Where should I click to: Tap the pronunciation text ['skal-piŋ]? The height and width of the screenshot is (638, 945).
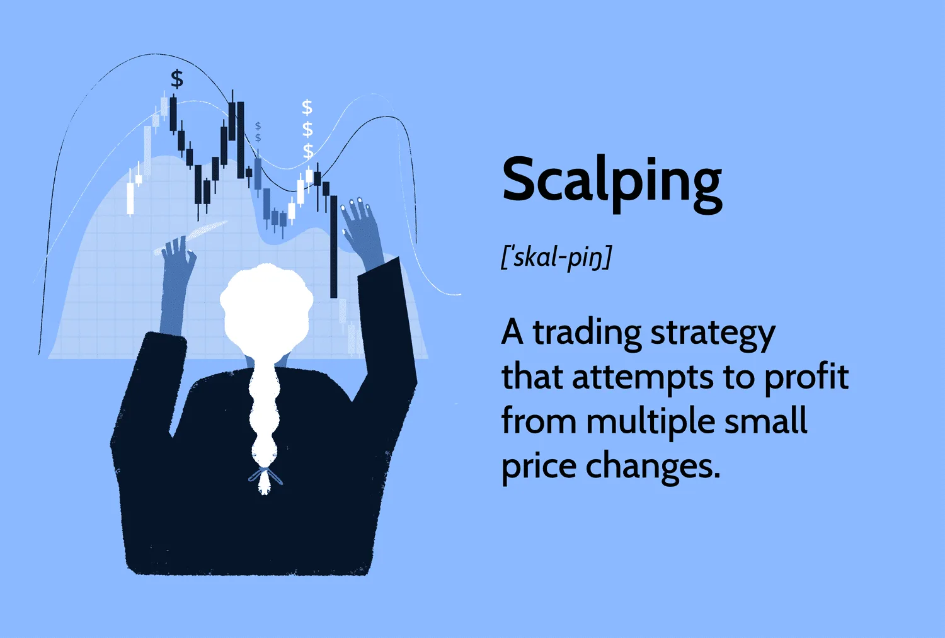556,257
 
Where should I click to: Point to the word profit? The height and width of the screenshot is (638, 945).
806,377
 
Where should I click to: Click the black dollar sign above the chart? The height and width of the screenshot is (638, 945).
177,79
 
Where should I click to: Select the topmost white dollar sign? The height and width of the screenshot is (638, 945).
307,108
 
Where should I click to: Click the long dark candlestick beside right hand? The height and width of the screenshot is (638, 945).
334,247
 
